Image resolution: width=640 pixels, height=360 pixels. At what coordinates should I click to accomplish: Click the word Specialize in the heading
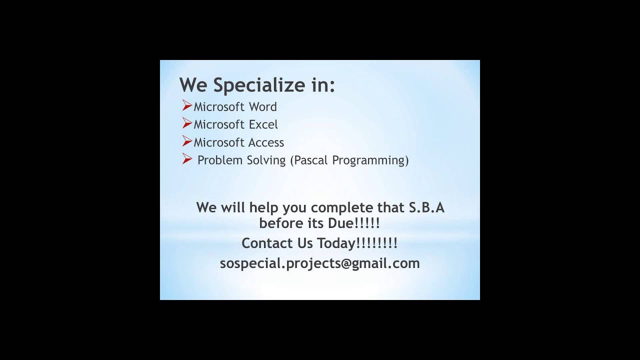coord(258,85)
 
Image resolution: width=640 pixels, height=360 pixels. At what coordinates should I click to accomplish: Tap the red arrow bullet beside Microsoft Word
coord(187,105)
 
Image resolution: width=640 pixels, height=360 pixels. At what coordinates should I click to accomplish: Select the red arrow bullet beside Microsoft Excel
coord(187,123)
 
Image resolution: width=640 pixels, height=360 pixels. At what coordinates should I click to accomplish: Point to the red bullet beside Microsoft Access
coord(187,141)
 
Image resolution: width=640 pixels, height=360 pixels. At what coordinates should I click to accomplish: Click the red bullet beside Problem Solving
coord(187,159)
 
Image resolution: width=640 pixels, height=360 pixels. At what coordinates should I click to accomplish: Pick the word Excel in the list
coord(263,124)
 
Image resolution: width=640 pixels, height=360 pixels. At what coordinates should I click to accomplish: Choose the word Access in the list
coord(266,142)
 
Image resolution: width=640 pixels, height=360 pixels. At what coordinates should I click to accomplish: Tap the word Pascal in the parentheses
coord(311,160)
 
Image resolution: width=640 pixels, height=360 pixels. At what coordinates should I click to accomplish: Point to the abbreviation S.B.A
coord(426,207)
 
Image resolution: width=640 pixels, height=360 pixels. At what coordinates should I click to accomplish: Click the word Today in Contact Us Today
coord(335,243)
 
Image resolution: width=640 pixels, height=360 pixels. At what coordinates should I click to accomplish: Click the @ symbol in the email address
coord(345,263)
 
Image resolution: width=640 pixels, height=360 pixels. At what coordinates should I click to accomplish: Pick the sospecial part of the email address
coord(251,263)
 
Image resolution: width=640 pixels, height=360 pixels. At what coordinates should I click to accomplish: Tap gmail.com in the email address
coord(385,263)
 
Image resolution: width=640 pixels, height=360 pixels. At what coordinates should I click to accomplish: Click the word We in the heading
coord(193,85)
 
